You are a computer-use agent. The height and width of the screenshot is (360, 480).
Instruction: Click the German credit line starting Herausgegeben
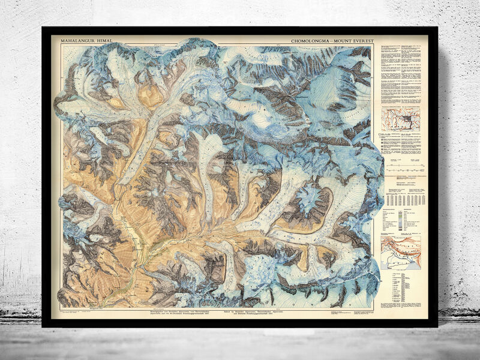pos(174,316)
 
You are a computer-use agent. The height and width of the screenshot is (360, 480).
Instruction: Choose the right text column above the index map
pos(416,72)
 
